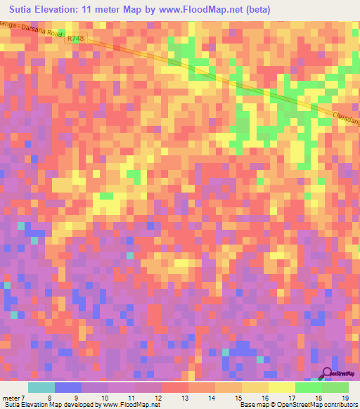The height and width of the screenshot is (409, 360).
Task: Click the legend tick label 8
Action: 50,398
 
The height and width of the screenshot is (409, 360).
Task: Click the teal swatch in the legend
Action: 41,387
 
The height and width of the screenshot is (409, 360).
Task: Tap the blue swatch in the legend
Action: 68,387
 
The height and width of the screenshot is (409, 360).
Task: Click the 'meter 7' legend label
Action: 14,398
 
